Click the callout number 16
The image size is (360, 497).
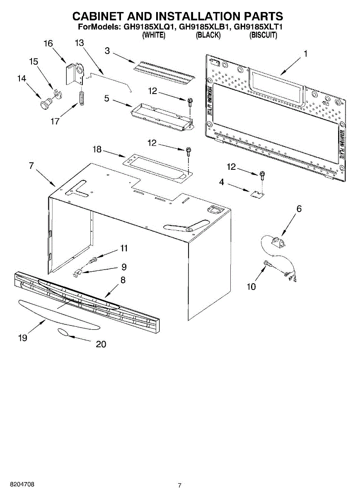(48, 43)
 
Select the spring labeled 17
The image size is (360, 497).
(82, 98)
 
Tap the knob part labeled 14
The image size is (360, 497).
(45, 102)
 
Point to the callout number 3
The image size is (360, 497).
(107, 51)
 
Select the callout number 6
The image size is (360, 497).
(299, 209)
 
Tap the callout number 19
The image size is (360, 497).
(23, 338)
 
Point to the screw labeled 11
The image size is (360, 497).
(93, 260)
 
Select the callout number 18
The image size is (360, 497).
(97, 150)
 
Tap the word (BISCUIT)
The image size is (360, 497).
(263, 36)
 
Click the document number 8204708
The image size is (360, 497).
(17, 484)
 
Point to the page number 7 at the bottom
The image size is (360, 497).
(180, 485)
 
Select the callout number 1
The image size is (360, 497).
(305, 54)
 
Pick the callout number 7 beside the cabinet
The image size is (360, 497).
(31, 166)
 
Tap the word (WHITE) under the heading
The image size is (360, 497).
(154, 36)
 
